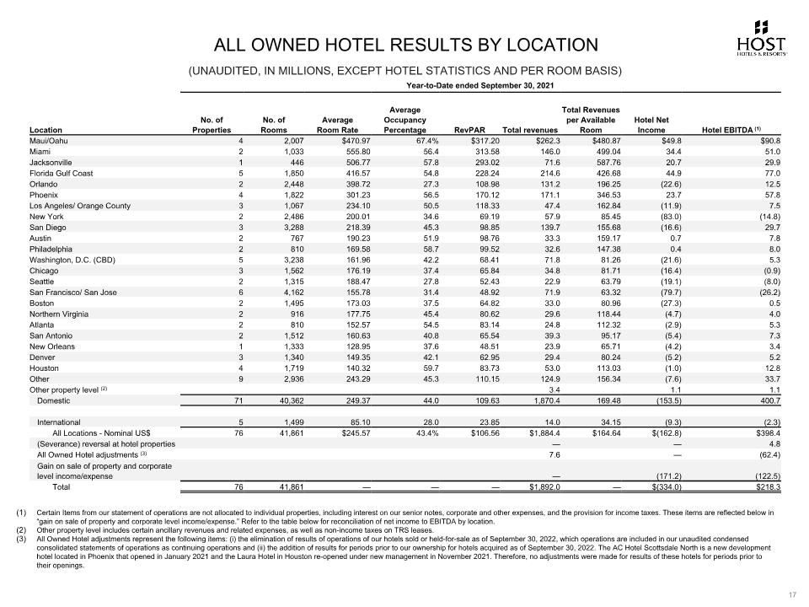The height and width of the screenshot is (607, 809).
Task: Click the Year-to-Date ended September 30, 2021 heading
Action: (480, 85)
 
